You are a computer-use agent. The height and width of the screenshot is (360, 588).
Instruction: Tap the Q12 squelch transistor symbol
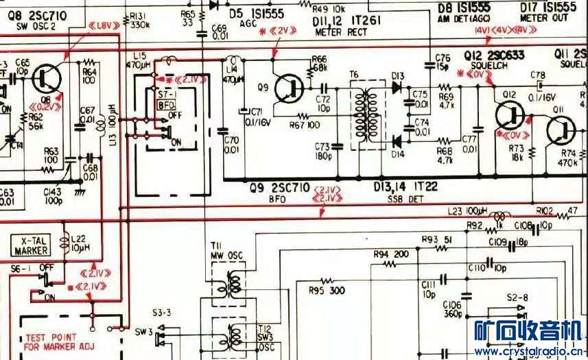click(510, 112)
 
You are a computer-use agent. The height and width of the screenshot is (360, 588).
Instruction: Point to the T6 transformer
click(366, 115)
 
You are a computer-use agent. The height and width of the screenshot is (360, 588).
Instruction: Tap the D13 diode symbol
click(397, 88)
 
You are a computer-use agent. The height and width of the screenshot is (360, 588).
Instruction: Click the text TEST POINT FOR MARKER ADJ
click(58, 341)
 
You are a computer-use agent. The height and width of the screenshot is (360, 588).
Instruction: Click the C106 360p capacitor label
click(433, 309)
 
